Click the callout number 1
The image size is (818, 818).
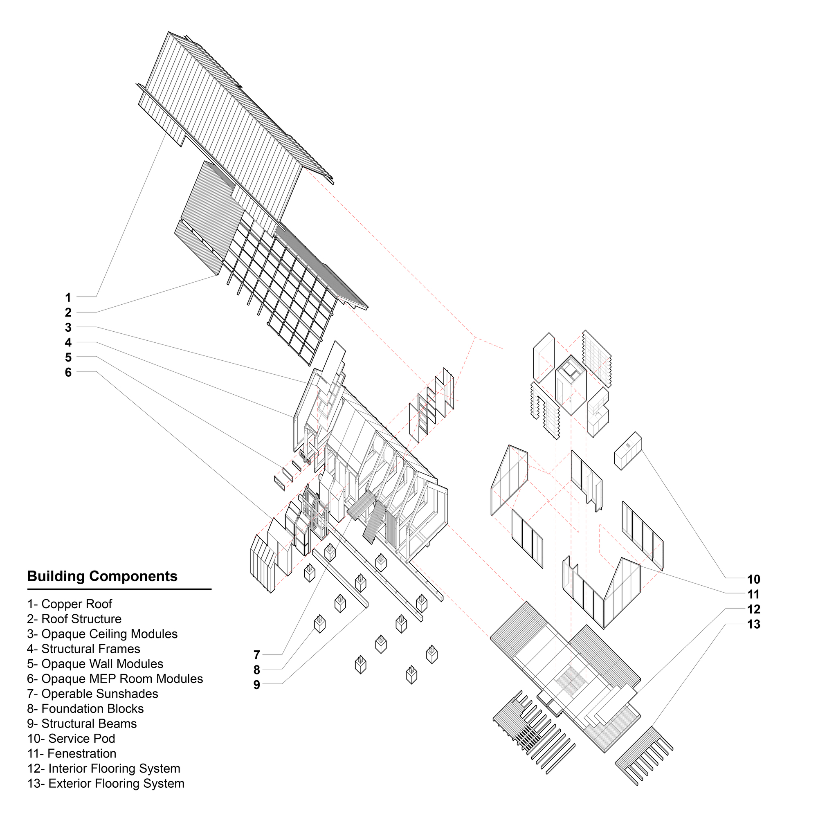click(68, 298)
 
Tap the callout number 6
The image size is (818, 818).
click(68, 373)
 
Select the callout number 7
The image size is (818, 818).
click(256, 655)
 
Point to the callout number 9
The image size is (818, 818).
click(256, 685)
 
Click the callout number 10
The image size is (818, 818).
click(753, 580)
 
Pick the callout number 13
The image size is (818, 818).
click(753, 625)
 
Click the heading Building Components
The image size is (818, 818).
click(102, 576)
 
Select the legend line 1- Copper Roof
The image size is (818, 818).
click(70, 604)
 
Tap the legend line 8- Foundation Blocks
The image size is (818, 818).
click(85, 709)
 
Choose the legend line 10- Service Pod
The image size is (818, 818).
click(71, 739)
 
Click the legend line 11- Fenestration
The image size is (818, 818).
click(72, 754)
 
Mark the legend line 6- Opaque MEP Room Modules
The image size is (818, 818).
click(115, 679)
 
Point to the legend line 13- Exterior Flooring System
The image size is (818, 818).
click(106, 784)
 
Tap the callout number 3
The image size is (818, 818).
click(68, 328)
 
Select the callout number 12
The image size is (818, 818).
click(753, 610)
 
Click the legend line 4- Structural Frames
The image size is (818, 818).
click(83, 649)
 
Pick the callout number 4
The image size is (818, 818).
click(68, 342)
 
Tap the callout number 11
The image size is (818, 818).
click(753, 594)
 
